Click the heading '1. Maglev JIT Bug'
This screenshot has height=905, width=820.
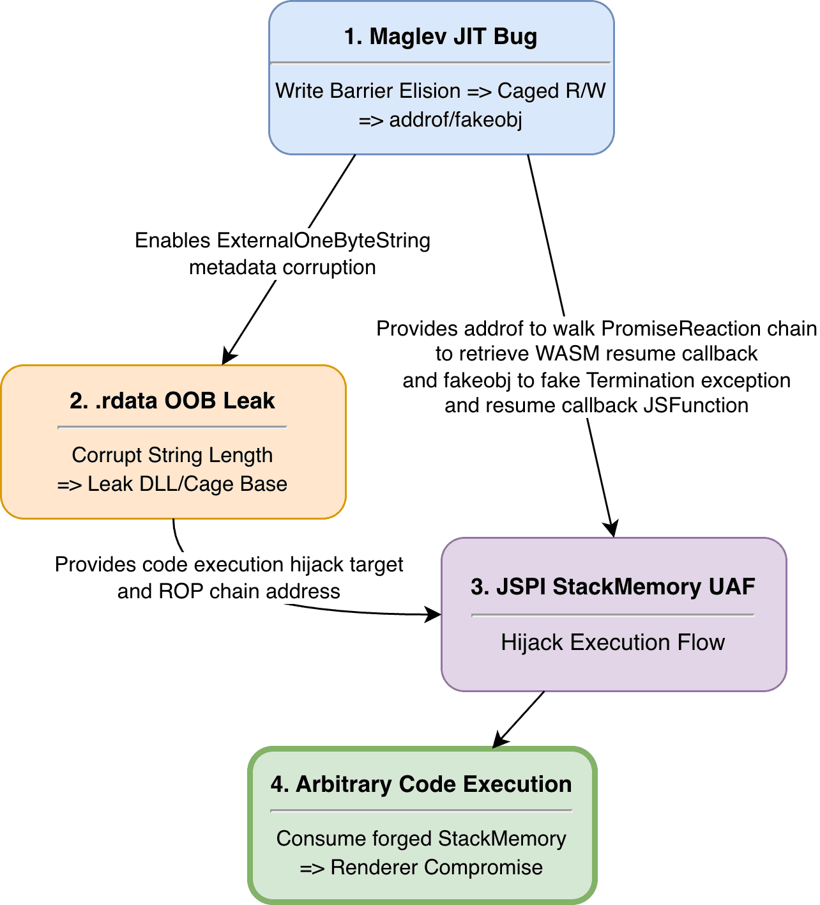(441, 36)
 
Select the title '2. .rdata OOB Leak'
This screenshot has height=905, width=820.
(172, 401)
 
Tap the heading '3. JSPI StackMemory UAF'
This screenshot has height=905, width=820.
(612, 587)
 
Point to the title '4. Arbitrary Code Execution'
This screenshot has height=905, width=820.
(421, 784)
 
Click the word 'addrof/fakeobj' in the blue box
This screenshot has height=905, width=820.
(456, 120)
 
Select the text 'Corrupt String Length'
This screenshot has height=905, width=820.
(172, 455)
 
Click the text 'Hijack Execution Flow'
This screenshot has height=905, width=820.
(612, 642)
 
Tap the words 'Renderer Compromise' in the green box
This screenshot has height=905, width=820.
(436, 867)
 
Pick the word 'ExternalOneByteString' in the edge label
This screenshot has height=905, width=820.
(323, 240)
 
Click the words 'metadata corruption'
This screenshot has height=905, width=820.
(282, 267)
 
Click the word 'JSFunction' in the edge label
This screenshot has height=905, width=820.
(695, 405)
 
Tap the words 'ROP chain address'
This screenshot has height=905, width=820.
(249, 591)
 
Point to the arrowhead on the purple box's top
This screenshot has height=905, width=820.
(611, 529)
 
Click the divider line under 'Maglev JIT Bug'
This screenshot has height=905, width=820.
(441, 63)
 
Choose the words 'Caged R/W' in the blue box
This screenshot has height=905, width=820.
(551, 91)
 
